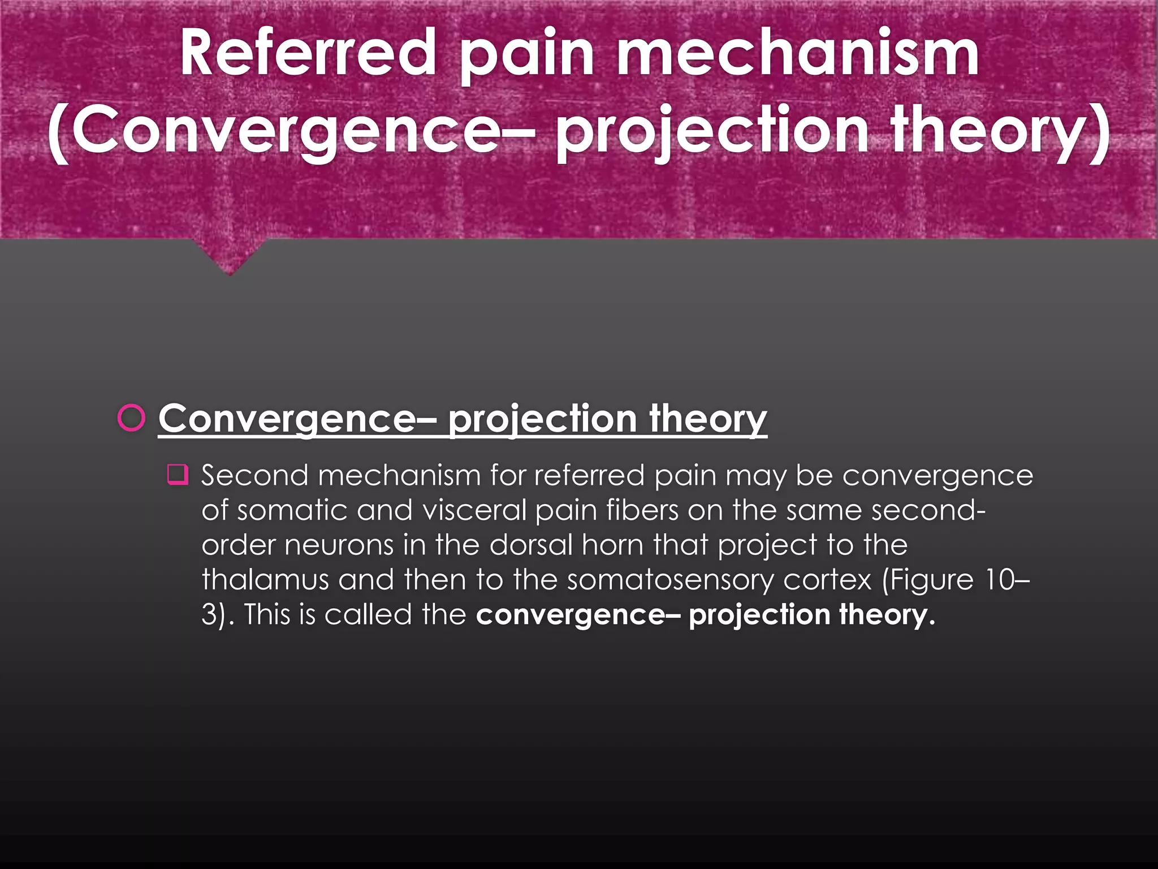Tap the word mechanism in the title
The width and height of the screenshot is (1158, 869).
click(797, 53)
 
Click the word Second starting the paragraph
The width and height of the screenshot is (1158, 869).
click(255, 475)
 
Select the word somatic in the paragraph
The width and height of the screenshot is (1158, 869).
click(292, 510)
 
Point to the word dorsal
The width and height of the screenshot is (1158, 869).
click(531, 545)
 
